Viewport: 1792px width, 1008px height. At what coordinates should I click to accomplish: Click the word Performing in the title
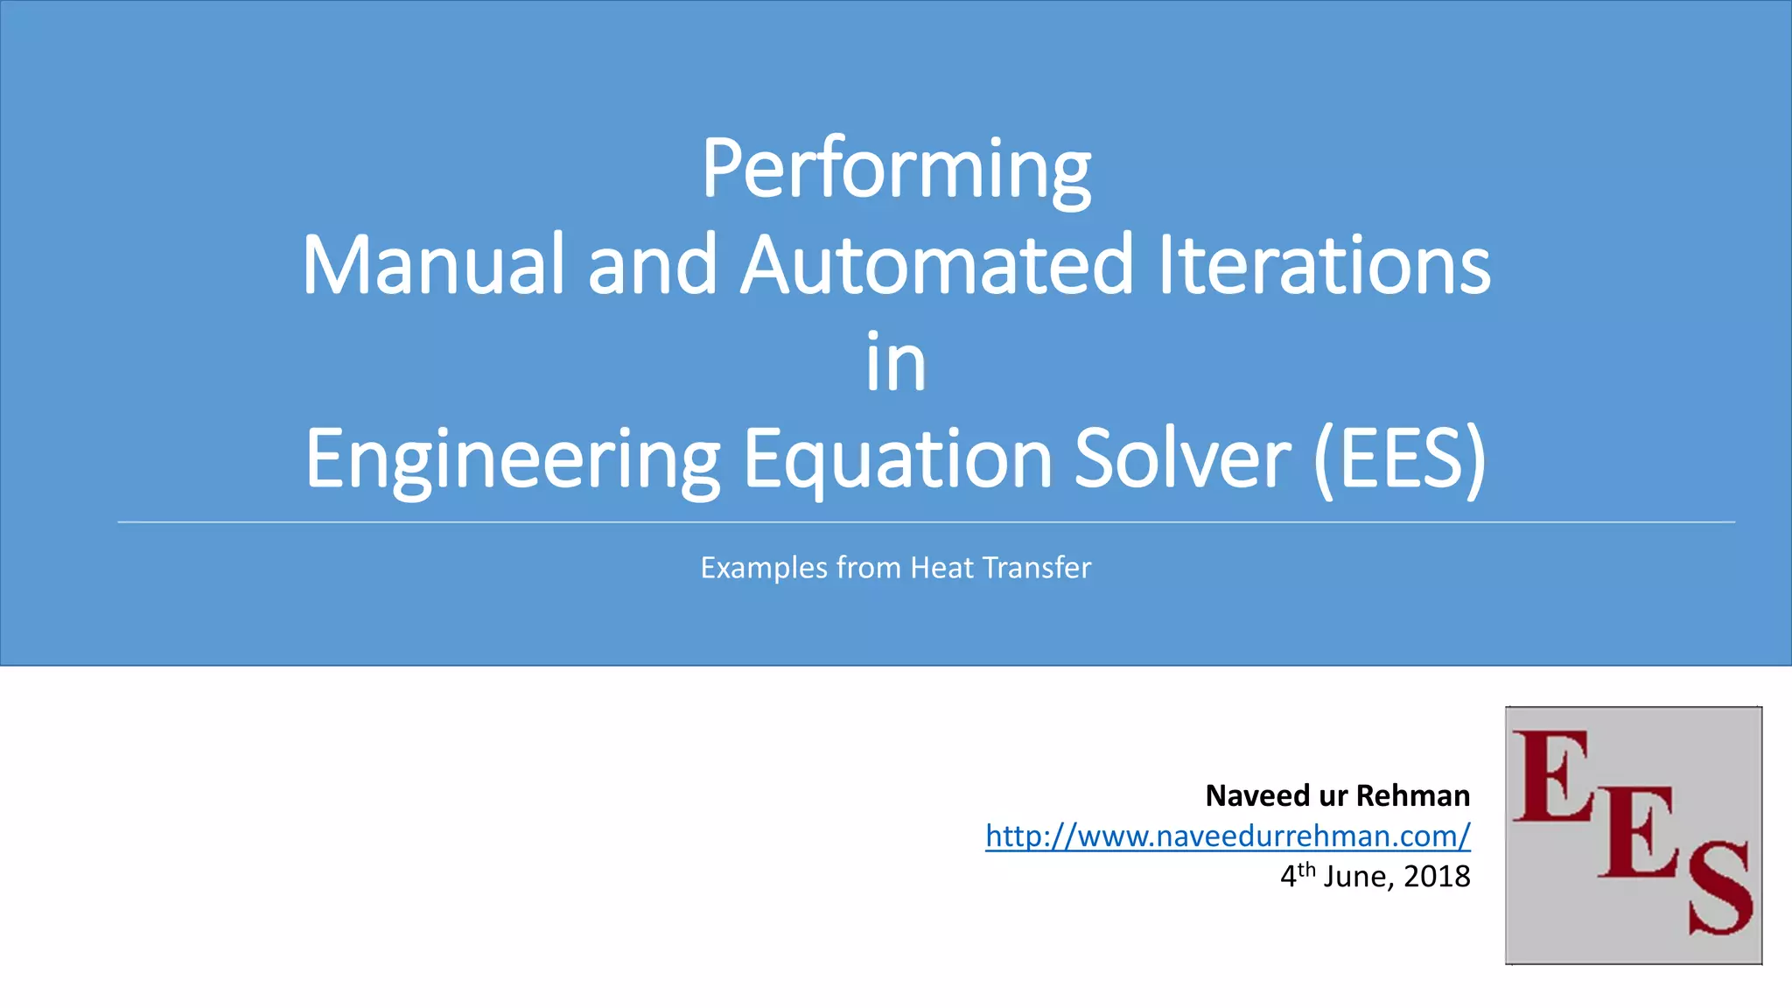[896, 169]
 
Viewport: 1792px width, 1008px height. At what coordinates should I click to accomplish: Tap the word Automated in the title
[937, 264]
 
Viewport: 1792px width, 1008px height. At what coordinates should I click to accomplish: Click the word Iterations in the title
[1324, 264]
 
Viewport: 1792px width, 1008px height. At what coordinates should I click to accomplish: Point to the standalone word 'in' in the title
[896, 361]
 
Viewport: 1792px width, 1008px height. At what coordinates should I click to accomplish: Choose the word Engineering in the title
[513, 458]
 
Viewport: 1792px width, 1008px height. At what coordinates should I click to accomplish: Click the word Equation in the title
[898, 458]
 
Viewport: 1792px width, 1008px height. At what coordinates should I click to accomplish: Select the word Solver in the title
[1182, 458]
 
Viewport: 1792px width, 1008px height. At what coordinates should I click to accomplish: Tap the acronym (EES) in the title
[1400, 458]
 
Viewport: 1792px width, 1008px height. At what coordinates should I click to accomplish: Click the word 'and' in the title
[653, 264]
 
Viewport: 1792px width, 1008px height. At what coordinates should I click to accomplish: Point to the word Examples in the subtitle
[764, 568]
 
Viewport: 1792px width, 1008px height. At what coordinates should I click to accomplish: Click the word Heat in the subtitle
[941, 568]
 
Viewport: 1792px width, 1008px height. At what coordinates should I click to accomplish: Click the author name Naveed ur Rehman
[1337, 795]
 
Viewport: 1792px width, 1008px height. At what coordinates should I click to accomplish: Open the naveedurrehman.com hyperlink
[1228, 836]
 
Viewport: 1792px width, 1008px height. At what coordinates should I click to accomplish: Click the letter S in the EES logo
[1718, 888]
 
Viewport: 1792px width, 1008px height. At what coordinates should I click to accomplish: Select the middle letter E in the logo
[1638, 831]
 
